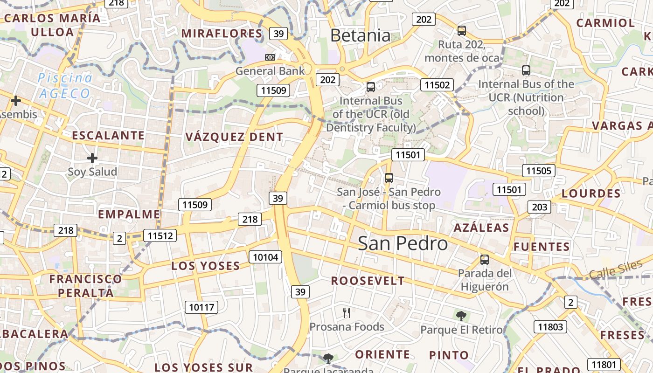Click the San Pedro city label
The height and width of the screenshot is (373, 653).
click(x=403, y=243)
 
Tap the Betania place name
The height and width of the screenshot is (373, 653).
click(x=360, y=35)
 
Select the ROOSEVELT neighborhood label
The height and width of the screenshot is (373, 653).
click(x=368, y=281)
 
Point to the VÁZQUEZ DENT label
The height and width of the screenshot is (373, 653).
click(x=234, y=137)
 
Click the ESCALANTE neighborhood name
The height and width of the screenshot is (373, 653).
click(x=108, y=136)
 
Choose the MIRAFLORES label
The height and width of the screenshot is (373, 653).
click(x=222, y=34)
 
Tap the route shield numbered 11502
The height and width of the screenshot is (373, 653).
click(x=437, y=85)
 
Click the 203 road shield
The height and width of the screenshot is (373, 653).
click(x=539, y=207)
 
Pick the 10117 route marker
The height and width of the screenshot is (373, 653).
click(x=201, y=307)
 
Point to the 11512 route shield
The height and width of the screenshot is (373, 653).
click(x=160, y=236)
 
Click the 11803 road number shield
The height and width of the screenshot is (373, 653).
click(x=550, y=327)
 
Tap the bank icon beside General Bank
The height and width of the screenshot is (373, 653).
click(x=270, y=57)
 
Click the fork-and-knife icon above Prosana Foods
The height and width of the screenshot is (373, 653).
click(x=346, y=312)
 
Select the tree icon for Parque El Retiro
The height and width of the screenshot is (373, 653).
click(x=461, y=316)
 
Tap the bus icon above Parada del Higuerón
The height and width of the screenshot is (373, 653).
click(x=485, y=260)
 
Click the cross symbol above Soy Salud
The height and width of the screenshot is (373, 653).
click(x=92, y=158)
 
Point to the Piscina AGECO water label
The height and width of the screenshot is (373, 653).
click(x=65, y=86)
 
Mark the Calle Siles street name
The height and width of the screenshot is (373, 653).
click(x=615, y=269)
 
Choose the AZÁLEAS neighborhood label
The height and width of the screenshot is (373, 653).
click(x=481, y=228)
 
